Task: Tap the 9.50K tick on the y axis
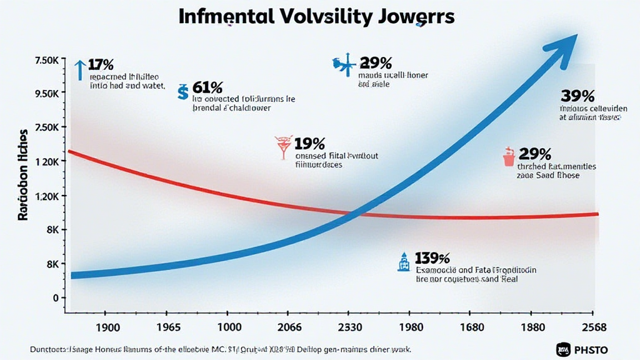(x=47, y=94)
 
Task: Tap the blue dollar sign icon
(x=182, y=92)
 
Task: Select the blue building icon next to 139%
(x=403, y=261)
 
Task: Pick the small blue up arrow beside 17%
(x=79, y=69)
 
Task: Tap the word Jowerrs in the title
(x=414, y=17)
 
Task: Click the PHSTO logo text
(x=591, y=349)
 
